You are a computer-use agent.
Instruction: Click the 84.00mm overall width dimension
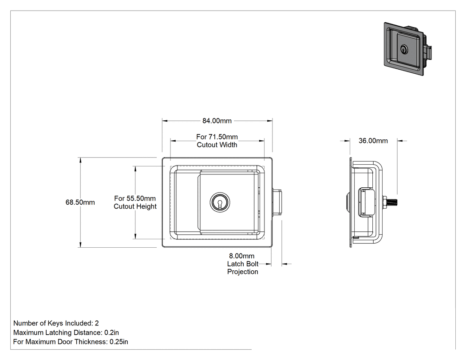[x=217, y=121]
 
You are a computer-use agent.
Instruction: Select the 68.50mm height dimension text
[x=80, y=202]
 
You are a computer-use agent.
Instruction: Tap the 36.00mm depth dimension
[x=373, y=141]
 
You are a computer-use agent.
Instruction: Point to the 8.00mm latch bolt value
[x=241, y=256]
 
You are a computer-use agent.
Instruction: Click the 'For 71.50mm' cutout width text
[x=217, y=137]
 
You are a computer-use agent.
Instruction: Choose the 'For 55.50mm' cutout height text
[x=135, y=198]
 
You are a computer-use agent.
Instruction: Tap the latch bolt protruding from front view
[x=277, y=202]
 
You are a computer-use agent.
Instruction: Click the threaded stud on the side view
[x=392, y=202]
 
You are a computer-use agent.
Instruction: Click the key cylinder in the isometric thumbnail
[x=404, y=49]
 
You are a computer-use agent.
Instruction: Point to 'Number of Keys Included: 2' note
[x=56, y=323]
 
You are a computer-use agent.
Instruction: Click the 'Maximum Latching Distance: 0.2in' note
[x=66, y=332]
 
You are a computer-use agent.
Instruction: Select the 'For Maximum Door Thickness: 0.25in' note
[x=71, y=341]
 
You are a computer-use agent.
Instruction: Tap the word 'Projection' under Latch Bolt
[x=242, y=272]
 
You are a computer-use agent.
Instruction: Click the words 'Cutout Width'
[x=217, y=145]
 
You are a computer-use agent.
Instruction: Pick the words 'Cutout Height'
[x=135, y=206]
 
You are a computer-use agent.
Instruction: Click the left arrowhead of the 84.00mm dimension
[x=165, y=121]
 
